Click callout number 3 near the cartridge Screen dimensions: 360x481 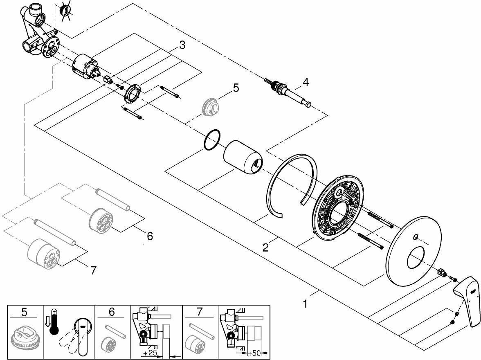(x=182, y=45)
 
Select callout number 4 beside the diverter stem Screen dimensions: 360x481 (x=306, y=82)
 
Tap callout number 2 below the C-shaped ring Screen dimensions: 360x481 (x=266, y=247)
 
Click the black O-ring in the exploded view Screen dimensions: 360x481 (x=212, y=141)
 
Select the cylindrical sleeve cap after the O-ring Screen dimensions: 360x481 (x=243, y=157)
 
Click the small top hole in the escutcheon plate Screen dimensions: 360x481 (x=415, y=237)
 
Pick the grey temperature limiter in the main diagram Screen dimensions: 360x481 (x=209, y=107)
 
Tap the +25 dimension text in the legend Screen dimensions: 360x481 (x=151, y=353)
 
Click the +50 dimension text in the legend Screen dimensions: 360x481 (x=254, y=353)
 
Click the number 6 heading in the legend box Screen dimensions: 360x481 (x=112, y=312)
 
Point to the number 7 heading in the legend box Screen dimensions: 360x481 (x=199, y=312)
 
